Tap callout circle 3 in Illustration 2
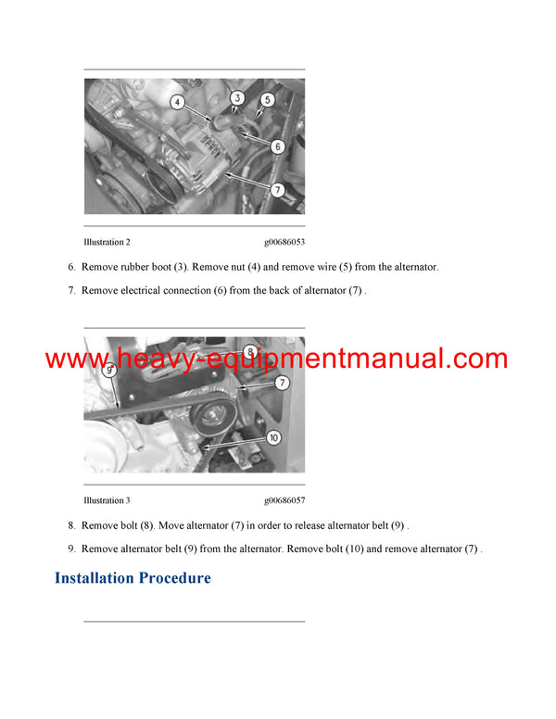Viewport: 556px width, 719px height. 236,96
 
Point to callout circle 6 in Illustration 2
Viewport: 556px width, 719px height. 276,146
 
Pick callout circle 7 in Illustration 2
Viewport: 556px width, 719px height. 276,189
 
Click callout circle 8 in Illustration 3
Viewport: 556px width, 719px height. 250,350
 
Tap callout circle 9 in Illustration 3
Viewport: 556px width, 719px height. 108,371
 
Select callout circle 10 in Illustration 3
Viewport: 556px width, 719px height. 273,437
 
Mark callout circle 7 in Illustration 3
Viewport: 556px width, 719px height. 282,382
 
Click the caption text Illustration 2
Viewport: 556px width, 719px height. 107,242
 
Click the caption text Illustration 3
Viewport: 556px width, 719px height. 107,500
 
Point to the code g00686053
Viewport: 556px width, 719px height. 284,242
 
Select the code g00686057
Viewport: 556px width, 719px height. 284,500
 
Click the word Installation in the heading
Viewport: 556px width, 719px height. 94,578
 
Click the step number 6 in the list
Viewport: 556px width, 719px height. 71,267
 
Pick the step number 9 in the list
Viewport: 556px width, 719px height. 71,549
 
